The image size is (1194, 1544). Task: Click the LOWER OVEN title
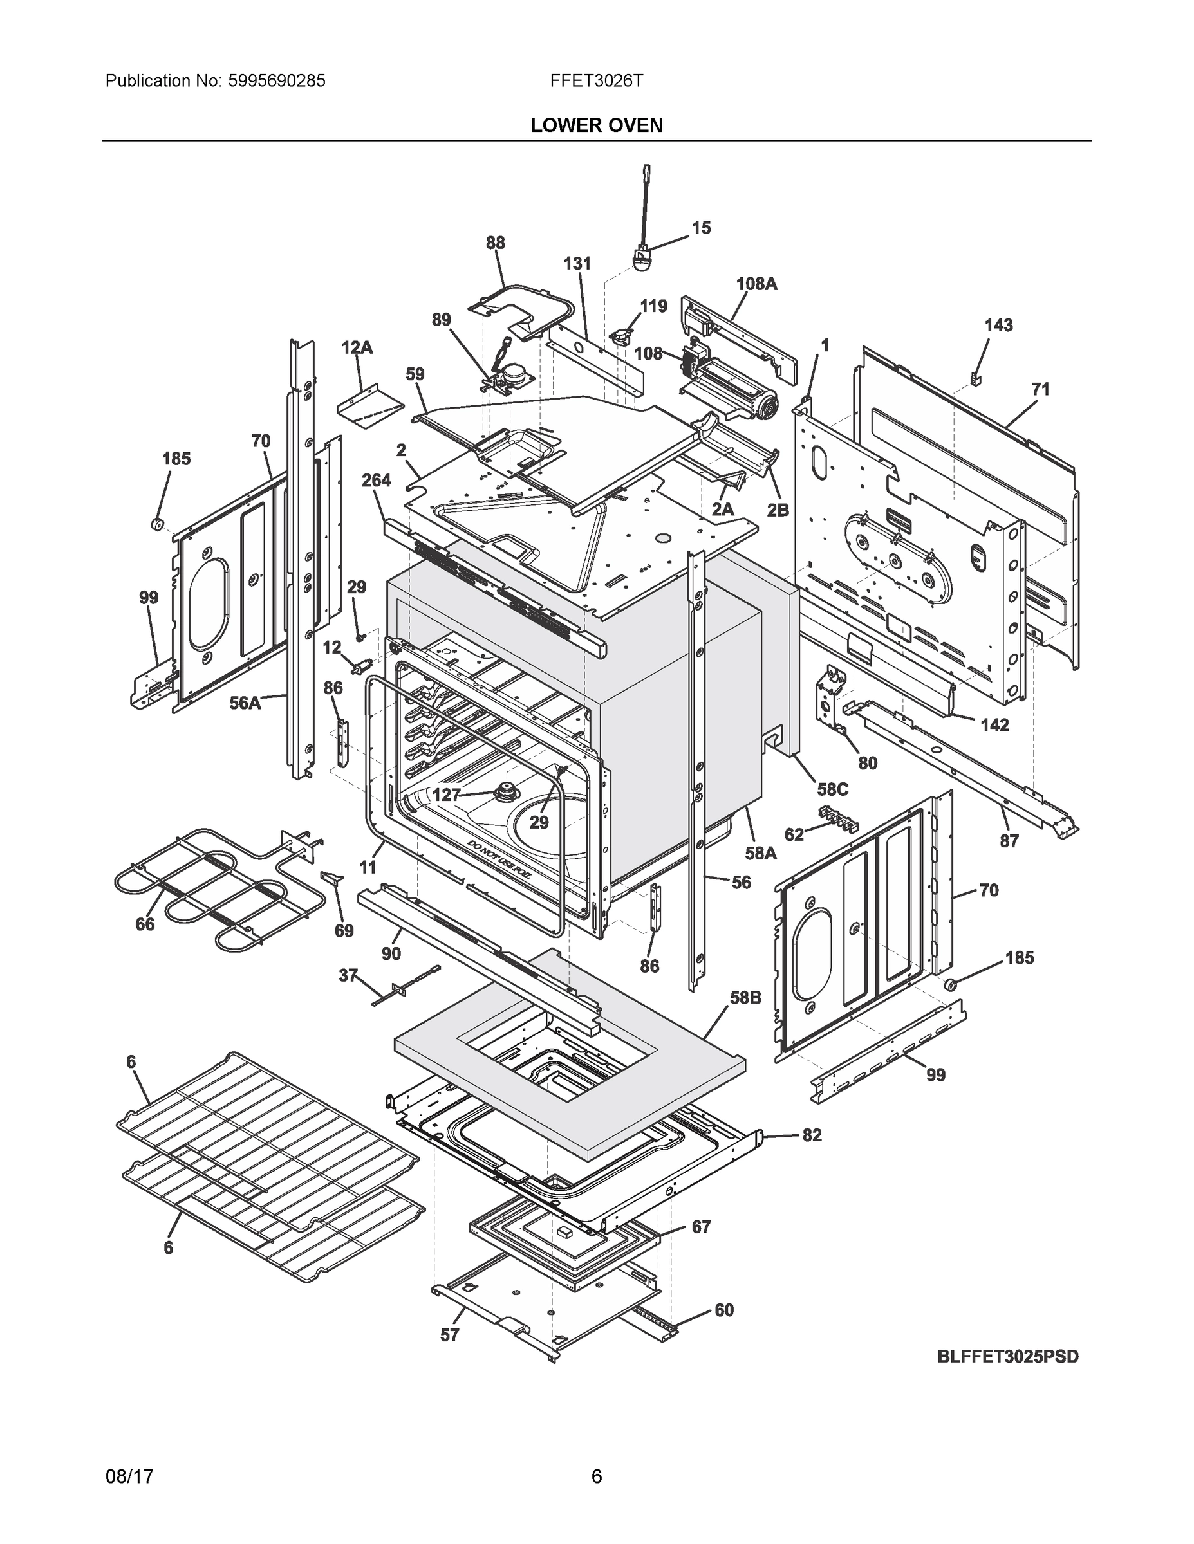[x=596, y=125]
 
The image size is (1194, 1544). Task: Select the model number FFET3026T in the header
[x=596, y=80]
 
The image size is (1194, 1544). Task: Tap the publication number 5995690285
[x=277, y=80]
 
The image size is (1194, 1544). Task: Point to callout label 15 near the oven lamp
[x=700, y=228]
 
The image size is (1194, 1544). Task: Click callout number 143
[x=998, y=325]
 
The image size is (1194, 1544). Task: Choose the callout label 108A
[x=756, y=284]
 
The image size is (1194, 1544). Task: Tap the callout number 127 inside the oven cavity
[x=446, y=795]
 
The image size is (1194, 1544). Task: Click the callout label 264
[x=376, y=481]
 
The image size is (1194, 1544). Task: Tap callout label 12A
[x=357, y=348]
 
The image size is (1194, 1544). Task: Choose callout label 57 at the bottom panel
[x=449, y=1335]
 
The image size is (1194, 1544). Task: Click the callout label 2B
[x=778, y=510]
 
